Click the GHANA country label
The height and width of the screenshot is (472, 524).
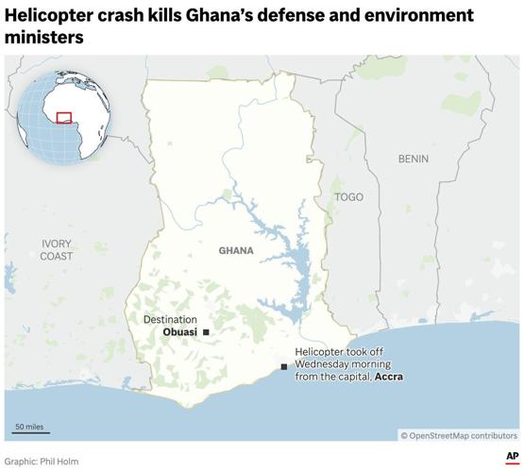236,250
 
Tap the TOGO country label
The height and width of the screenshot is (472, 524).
348,196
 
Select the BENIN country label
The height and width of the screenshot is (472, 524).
413,159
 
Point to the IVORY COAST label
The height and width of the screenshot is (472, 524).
56,249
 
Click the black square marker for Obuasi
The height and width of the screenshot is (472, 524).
206,332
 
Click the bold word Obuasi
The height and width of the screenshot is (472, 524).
180,332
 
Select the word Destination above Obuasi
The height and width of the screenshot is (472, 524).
170,320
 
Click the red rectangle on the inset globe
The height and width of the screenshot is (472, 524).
64,117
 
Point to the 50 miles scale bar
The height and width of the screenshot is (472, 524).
29,432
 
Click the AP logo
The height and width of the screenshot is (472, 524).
511,457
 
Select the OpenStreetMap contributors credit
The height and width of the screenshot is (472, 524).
459,435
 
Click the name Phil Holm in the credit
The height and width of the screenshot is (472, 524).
60,462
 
